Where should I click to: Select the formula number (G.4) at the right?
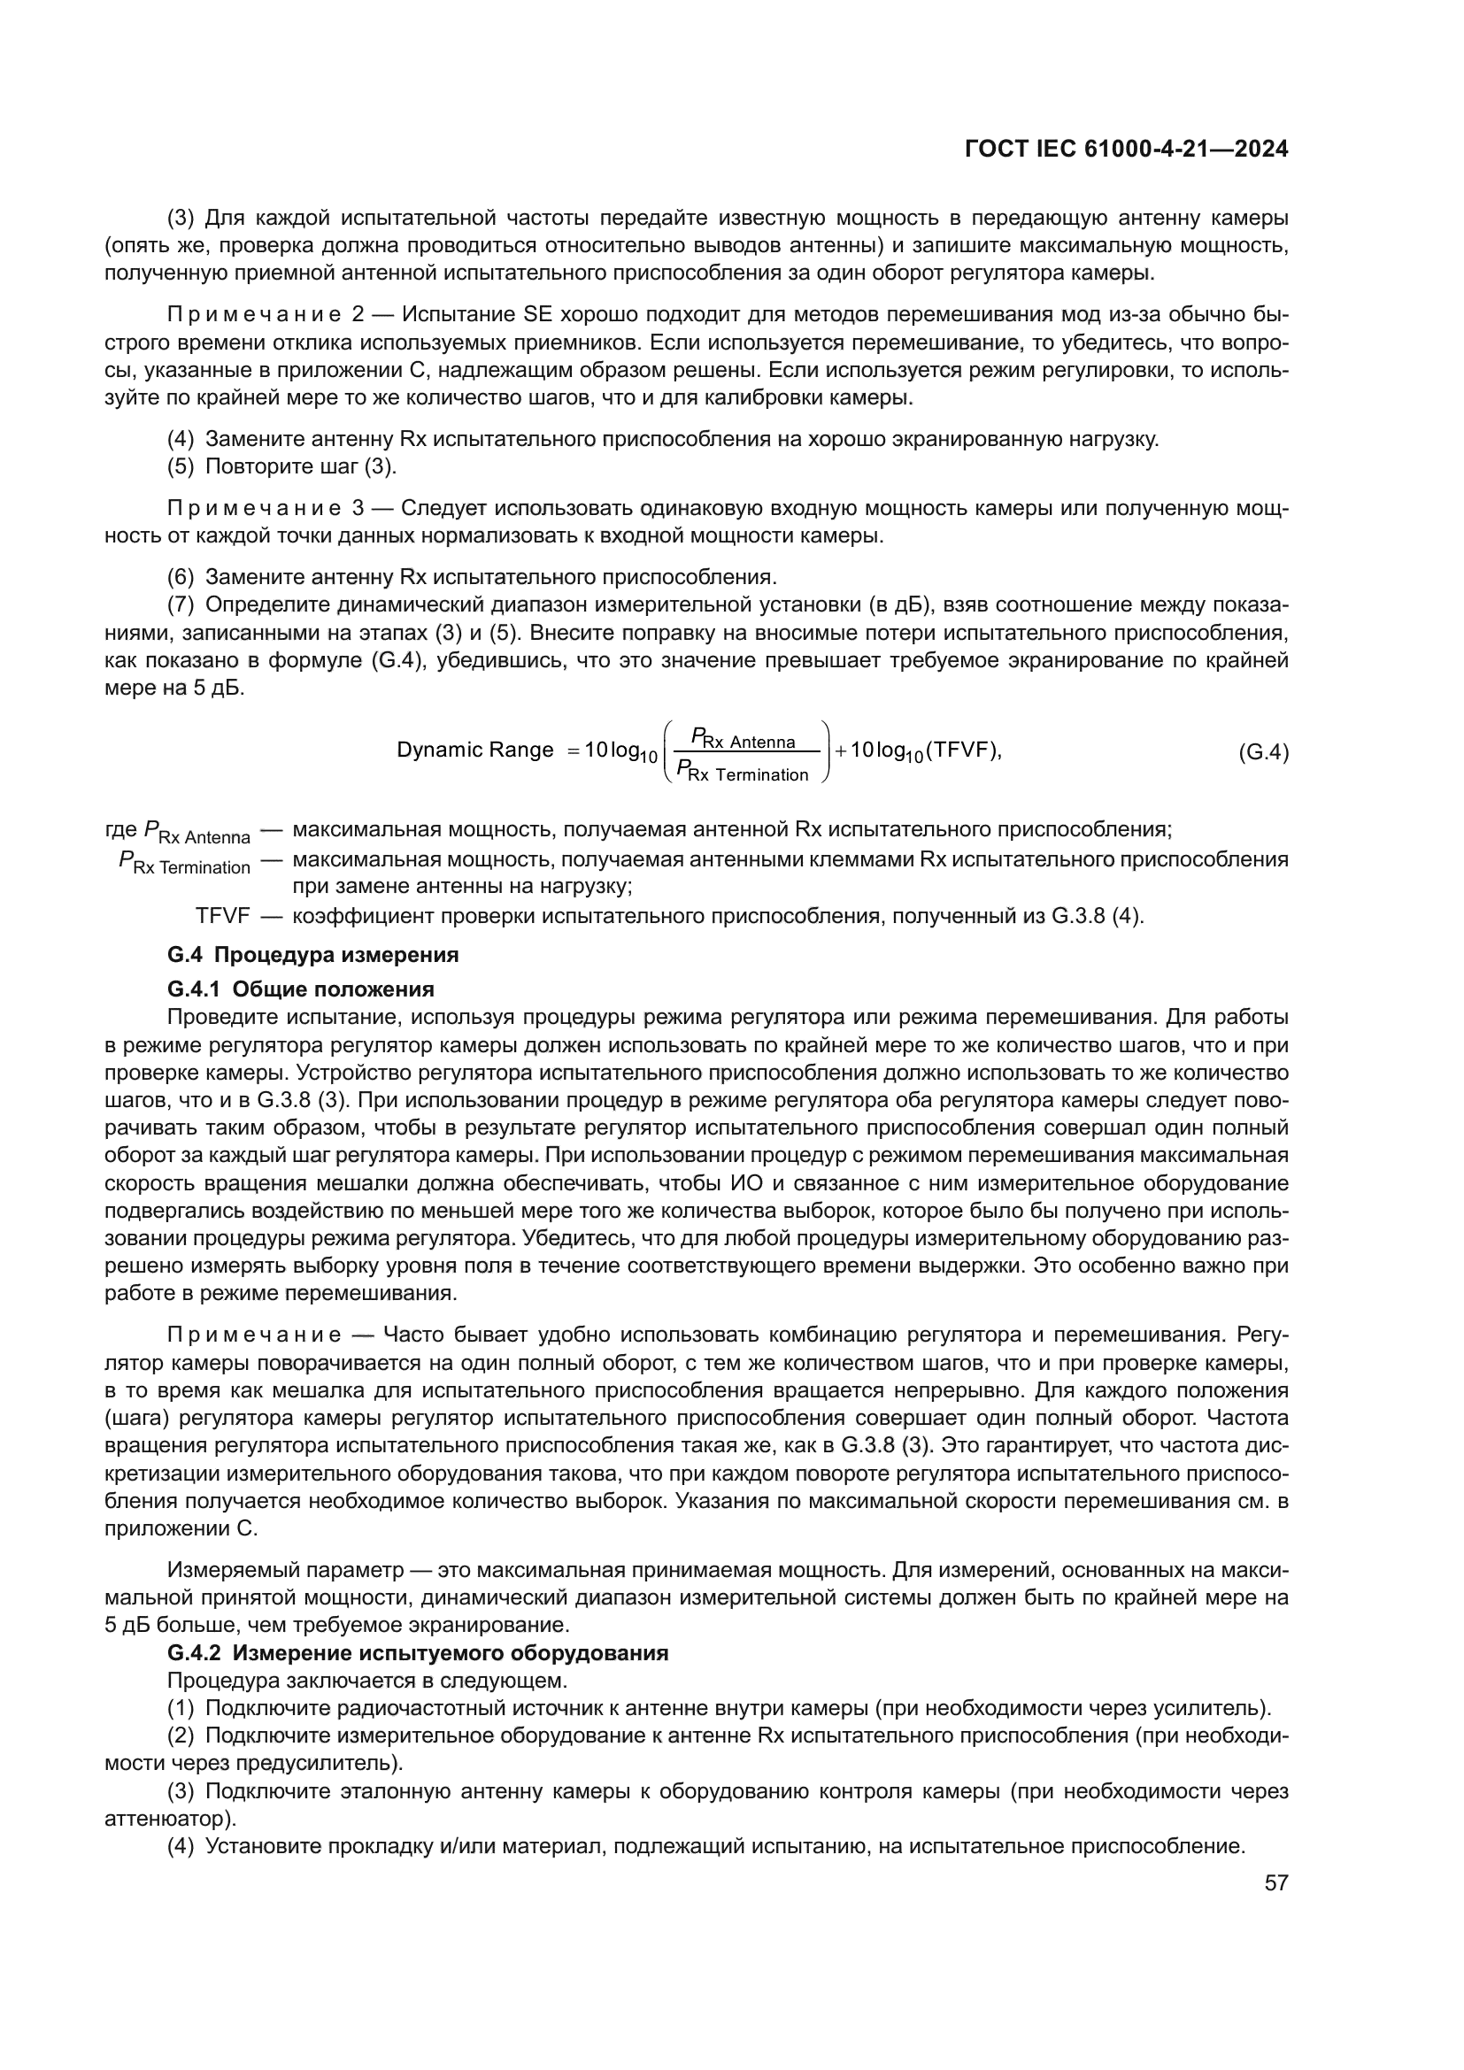(1263, 752)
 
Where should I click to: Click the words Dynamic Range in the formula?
(475, 750)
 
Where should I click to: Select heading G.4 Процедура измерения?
(312, 954)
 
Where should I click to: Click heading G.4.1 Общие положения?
(300, 989)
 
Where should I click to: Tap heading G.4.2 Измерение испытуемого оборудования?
(418, 1652)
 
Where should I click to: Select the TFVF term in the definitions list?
(223, 916)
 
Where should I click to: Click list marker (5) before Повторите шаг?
(182, 467)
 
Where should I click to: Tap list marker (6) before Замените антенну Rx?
(182, 577)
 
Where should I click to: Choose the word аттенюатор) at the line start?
(169, 1819)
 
